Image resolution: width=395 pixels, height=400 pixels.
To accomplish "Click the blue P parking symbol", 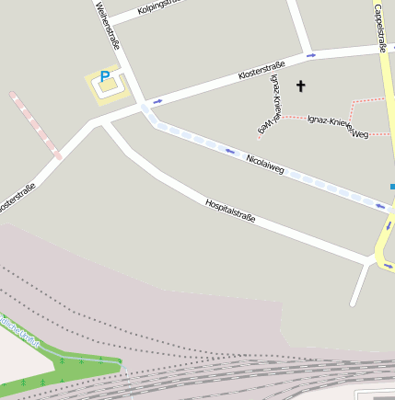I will [x=104, y=77].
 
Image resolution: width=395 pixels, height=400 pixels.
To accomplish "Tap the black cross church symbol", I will [x=299, y=86].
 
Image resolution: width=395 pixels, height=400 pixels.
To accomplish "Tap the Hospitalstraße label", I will [x=229, y=211].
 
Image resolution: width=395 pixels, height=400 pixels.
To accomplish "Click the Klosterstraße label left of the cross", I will [x=261, y=69].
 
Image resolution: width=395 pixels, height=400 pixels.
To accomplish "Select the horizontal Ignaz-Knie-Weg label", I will [x=338, y=127].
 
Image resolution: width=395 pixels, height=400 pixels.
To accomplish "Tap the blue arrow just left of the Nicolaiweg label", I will [x=230, y=151].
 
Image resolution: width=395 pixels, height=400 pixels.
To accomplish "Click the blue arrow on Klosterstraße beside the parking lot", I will [x=157, y=99].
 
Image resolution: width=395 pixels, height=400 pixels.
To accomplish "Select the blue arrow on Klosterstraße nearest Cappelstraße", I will [x=311, y=55].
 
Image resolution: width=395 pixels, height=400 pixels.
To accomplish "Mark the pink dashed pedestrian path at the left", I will [x=36, y=125].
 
